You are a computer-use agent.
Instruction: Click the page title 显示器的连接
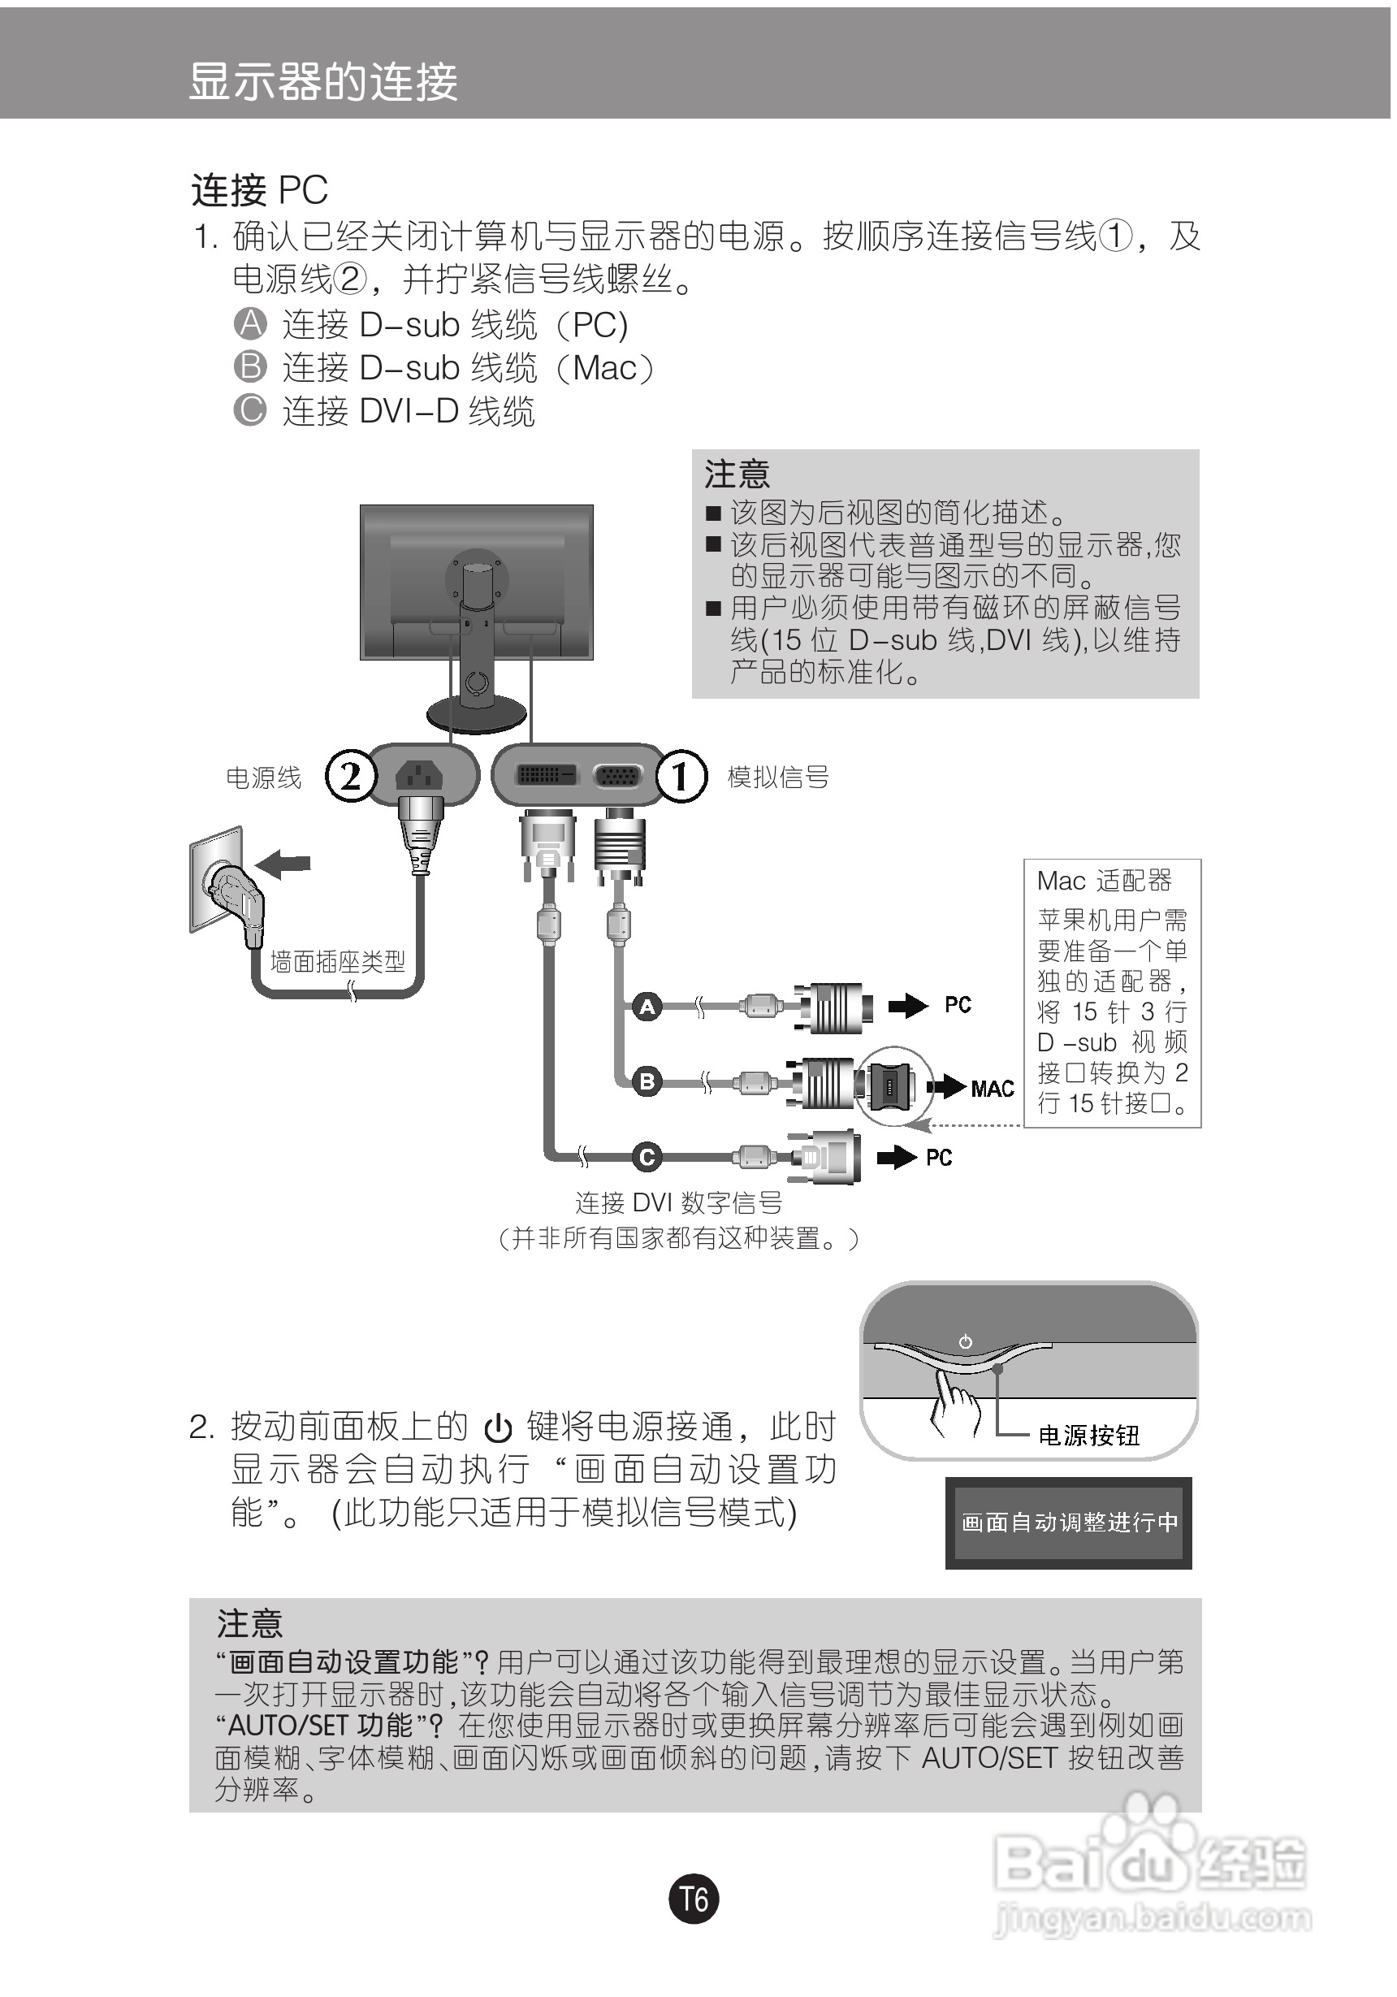(x=322, y=82)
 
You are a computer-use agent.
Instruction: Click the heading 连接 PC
(x=259, y=189)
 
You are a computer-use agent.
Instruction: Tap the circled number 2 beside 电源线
(x=350, y=776)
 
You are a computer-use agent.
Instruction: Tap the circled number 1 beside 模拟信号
(x=681, y=776)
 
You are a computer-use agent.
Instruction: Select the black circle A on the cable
(x=647, y=1007)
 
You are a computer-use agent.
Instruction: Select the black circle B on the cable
(x=647, y=1082)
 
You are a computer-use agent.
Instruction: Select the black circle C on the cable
(x=647, y=1157)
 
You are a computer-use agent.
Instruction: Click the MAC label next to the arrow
(x=992, y=1088)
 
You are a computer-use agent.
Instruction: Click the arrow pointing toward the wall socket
(x=284, y=864)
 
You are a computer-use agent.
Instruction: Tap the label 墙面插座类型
(x=337, y=961)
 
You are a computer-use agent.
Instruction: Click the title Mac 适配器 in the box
(x=1104, y=881)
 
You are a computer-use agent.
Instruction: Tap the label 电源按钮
(x=1088, y=1435)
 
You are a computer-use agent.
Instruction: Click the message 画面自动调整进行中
(x=1068, y=1522)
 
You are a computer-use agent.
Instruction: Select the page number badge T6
(x=694, y=1900)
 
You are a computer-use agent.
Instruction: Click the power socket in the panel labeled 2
(x=419, y=776)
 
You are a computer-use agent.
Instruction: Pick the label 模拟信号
(x=777, y=777)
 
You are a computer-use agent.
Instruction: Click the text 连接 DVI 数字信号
(x=678, y=1203)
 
